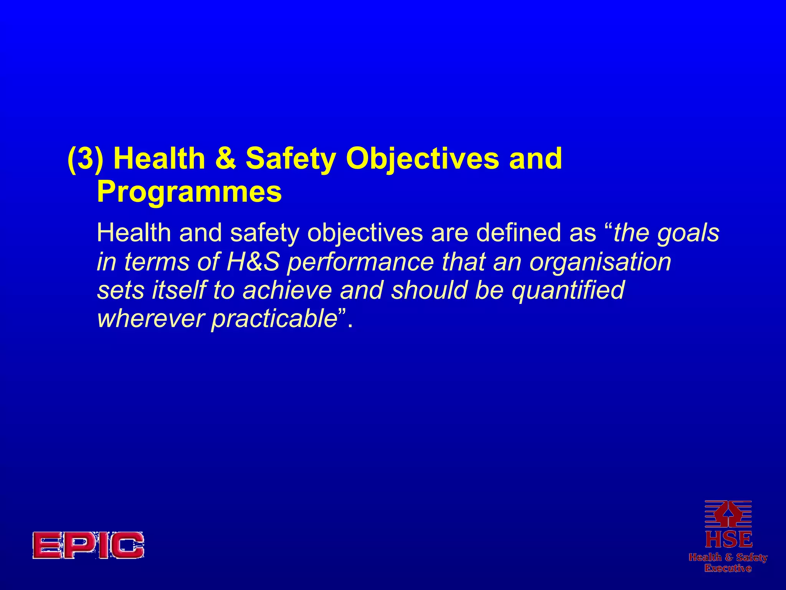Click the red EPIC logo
coord(88,545)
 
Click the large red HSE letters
coord(728,540)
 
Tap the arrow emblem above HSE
coord(728,514)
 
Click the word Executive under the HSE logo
coord(728,568)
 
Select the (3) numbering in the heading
coord(86,158)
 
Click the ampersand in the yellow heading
coord(225,158)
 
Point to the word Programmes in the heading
coord(189,192)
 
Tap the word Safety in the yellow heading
coord(291,159)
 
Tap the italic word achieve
coord(287,290)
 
